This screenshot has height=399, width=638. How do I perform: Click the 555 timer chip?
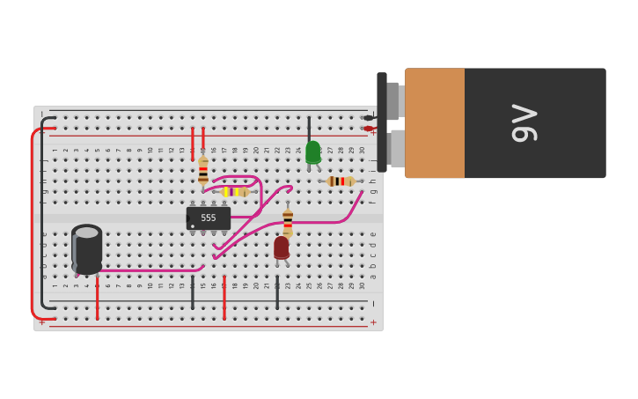click(209, 218)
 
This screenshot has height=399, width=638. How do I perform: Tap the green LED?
click(312, 152)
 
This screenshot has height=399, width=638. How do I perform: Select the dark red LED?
click(282, 248)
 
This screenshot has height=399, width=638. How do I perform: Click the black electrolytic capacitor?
click(87, 249)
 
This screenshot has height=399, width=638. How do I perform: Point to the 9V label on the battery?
click(524, 123)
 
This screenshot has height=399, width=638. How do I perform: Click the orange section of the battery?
click(435, 123)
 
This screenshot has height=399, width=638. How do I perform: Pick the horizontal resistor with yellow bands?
click(234, 191)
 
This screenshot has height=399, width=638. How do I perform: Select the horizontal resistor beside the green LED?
click(341, 181)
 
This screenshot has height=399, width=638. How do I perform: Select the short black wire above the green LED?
click(309, 129)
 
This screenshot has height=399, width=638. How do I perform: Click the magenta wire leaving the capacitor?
click(150, 270)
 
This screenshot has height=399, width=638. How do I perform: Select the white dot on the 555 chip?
click(193, 226)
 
